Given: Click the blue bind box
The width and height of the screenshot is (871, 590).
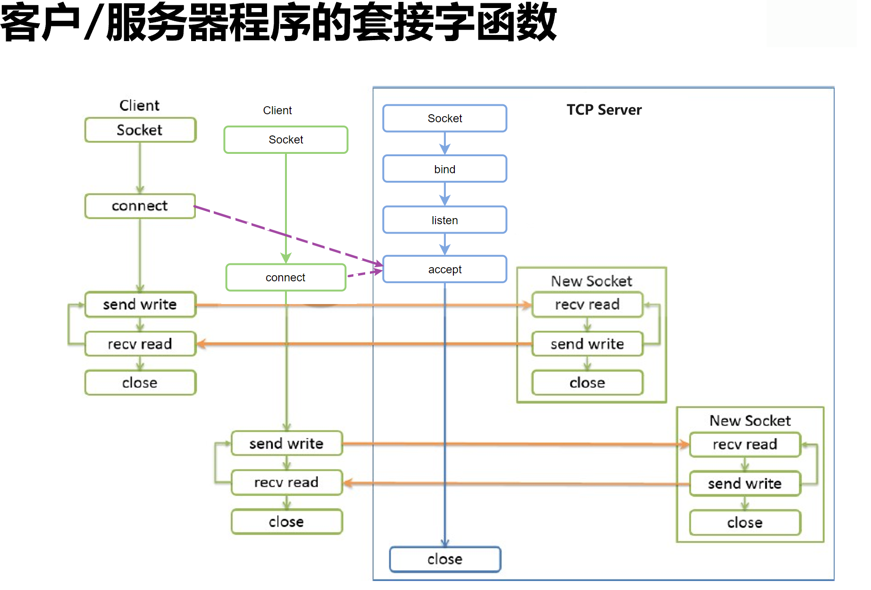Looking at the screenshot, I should click(x=444, y=169).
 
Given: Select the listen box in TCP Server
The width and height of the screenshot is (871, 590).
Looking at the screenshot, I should click(x=444, y=220).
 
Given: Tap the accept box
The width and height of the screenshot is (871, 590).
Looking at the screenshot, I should click(x=444, y=270).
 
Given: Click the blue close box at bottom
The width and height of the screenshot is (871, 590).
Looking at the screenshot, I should click(x=444, y=559).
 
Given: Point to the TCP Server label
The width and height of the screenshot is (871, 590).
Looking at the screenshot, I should click(x=604, y=110).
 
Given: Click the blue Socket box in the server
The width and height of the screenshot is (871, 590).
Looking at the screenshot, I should click(x=444, y=118).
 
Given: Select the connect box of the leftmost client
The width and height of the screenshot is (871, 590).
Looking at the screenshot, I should click(x=140, y=206).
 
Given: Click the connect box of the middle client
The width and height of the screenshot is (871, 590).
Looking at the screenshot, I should click(x=285, y=278).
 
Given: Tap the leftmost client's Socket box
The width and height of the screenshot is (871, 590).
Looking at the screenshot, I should click(x=140, y=130).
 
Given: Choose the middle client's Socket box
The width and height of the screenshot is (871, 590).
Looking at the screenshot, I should click(x=285, y=140).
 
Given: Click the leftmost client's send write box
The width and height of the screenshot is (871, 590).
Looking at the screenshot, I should click(x=140, y=304).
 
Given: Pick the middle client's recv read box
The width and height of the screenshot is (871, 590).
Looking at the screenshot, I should click(x=286, y=482).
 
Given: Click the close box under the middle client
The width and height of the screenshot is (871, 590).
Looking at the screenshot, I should click(x=286, y=522).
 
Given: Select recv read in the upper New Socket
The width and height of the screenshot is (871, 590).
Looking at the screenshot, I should click(x=587, y=304).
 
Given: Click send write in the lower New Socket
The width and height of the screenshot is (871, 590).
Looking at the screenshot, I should click(x=745, y=484).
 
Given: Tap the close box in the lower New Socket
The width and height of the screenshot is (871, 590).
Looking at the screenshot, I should click(x=745, y=523).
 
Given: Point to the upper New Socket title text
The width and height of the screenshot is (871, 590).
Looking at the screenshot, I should click(x=591, y=281).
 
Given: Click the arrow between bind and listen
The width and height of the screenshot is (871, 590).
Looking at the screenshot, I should click(x=444, y=194).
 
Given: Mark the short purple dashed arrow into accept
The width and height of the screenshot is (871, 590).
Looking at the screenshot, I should click(x=364, y=273).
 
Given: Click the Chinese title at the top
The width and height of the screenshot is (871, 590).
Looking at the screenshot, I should click(x=278, y=23).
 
